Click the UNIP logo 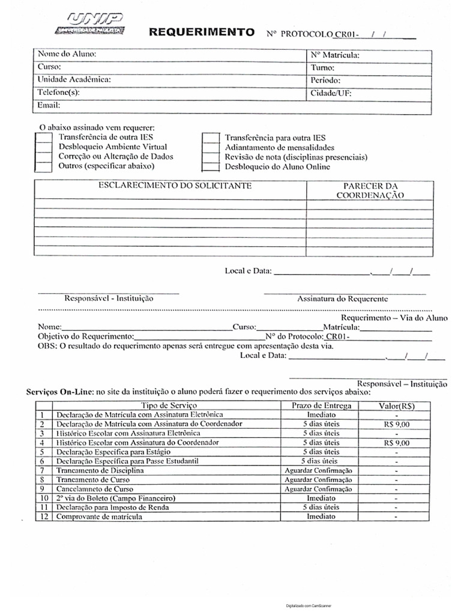coord(89,23)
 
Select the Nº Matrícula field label coord(335,55)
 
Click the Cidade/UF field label coord(331,93)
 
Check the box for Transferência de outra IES coord(44,138)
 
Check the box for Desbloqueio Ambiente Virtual coord(44,147)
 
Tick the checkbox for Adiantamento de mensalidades coord(209,148)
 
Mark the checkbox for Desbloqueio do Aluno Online coord(209,167)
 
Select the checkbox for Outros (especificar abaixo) coord(44,166)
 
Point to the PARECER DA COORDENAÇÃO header coord(370,191)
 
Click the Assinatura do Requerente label coord(343,298)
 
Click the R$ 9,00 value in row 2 coord(396,424)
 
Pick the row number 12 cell coord(43,517)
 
